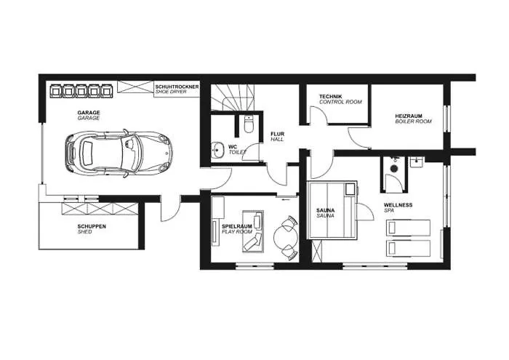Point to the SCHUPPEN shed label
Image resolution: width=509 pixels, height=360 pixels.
(x=92, y=229)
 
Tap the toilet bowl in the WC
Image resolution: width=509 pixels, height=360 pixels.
(x=249, y=127)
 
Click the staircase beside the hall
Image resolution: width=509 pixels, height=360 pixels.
(x=231, y=98)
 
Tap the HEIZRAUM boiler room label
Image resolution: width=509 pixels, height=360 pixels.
(x=412, y=119)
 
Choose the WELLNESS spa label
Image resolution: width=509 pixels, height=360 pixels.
(x=398, y=207)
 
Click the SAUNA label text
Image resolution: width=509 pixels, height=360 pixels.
(x=325, y=213)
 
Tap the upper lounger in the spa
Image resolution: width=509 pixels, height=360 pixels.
(x=407, y=227)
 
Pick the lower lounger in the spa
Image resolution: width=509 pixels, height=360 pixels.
(x=407, y=249)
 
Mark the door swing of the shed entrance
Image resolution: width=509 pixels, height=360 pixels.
(x=167, y=211)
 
